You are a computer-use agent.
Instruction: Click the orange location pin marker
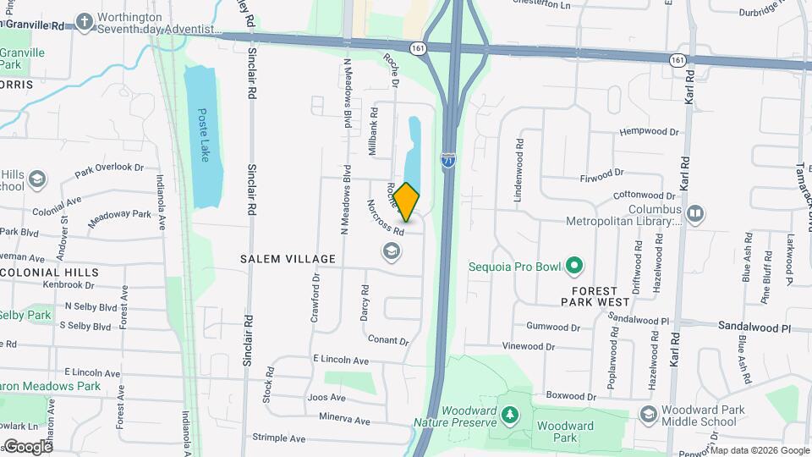pyautogui.click(x=407, y=202)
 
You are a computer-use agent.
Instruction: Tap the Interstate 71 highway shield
pyautogui.click(x=448, y=159)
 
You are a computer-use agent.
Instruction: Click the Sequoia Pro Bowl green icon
pyautogui.click(x=574, y=267)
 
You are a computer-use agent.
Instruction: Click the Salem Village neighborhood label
pyautogui.click(x=288, y=259)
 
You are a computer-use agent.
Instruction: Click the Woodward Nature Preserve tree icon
pyautogui.click(x=509, y=414)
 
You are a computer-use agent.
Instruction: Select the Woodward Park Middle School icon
pyautogui.click(x=648, y=413)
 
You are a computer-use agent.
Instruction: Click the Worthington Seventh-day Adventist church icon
pyautogui.click(x=85, y=20)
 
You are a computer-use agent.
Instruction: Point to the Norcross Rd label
pyautogui.click(x=386, y=218)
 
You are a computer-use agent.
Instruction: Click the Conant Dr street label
pyautogui.click(x=388, y=339)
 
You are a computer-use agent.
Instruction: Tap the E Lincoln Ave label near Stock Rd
pyautogui.click(x=340, y=361)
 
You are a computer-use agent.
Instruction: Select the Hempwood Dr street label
pyautogui.click(x=649, y=132)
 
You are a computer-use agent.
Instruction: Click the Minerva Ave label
pyautogui.click(x=344, y=419)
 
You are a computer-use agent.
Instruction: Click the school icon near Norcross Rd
pyautogui.click(x=391, y=251)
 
